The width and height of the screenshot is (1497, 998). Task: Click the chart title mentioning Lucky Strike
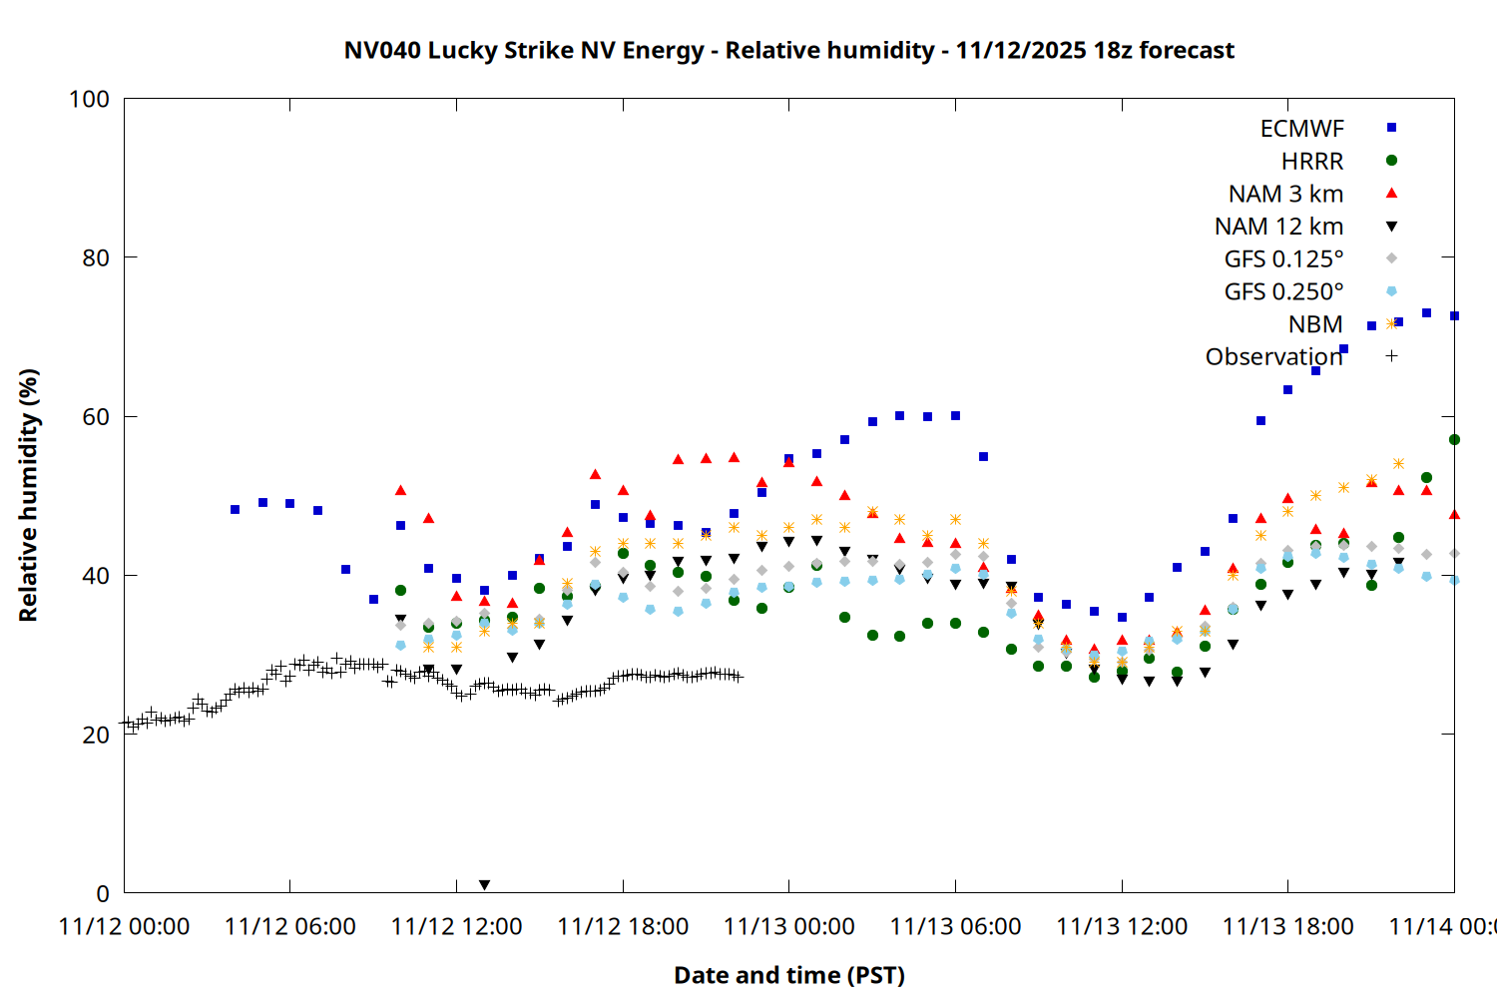coord(788,51)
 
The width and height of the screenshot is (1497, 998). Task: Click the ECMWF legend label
coord(1301,129)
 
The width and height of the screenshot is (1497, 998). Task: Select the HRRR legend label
coord(1312,162)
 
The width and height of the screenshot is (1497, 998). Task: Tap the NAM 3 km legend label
coord(1285,194)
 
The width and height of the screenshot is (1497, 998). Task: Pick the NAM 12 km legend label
coord(1278,227)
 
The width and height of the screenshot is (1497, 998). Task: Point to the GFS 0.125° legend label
coord(1283,259)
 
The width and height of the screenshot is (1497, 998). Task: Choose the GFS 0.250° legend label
coord(1283,292)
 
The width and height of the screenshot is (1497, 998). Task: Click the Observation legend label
coord(1273,357)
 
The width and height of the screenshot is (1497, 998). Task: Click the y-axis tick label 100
coord(89,99)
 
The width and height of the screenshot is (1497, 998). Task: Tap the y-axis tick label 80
coord(96,257)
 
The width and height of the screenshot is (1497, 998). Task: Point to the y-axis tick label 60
coord(96,417)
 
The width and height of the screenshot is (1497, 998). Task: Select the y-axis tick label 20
coord(96,735)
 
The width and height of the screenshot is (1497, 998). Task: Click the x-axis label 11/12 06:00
coord(290,927)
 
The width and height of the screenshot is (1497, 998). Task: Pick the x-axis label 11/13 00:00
coord(788,927)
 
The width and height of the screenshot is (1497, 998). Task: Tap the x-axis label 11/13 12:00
coord(1122,927)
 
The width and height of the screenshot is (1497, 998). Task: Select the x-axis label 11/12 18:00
coord(623,927)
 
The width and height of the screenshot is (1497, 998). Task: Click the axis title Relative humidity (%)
coord(29,495)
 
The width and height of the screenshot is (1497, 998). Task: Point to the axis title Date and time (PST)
coord(788,975)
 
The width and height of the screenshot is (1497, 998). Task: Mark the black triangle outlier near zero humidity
coord(484,885)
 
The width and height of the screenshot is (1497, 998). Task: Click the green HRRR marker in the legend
coord(1391,161)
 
